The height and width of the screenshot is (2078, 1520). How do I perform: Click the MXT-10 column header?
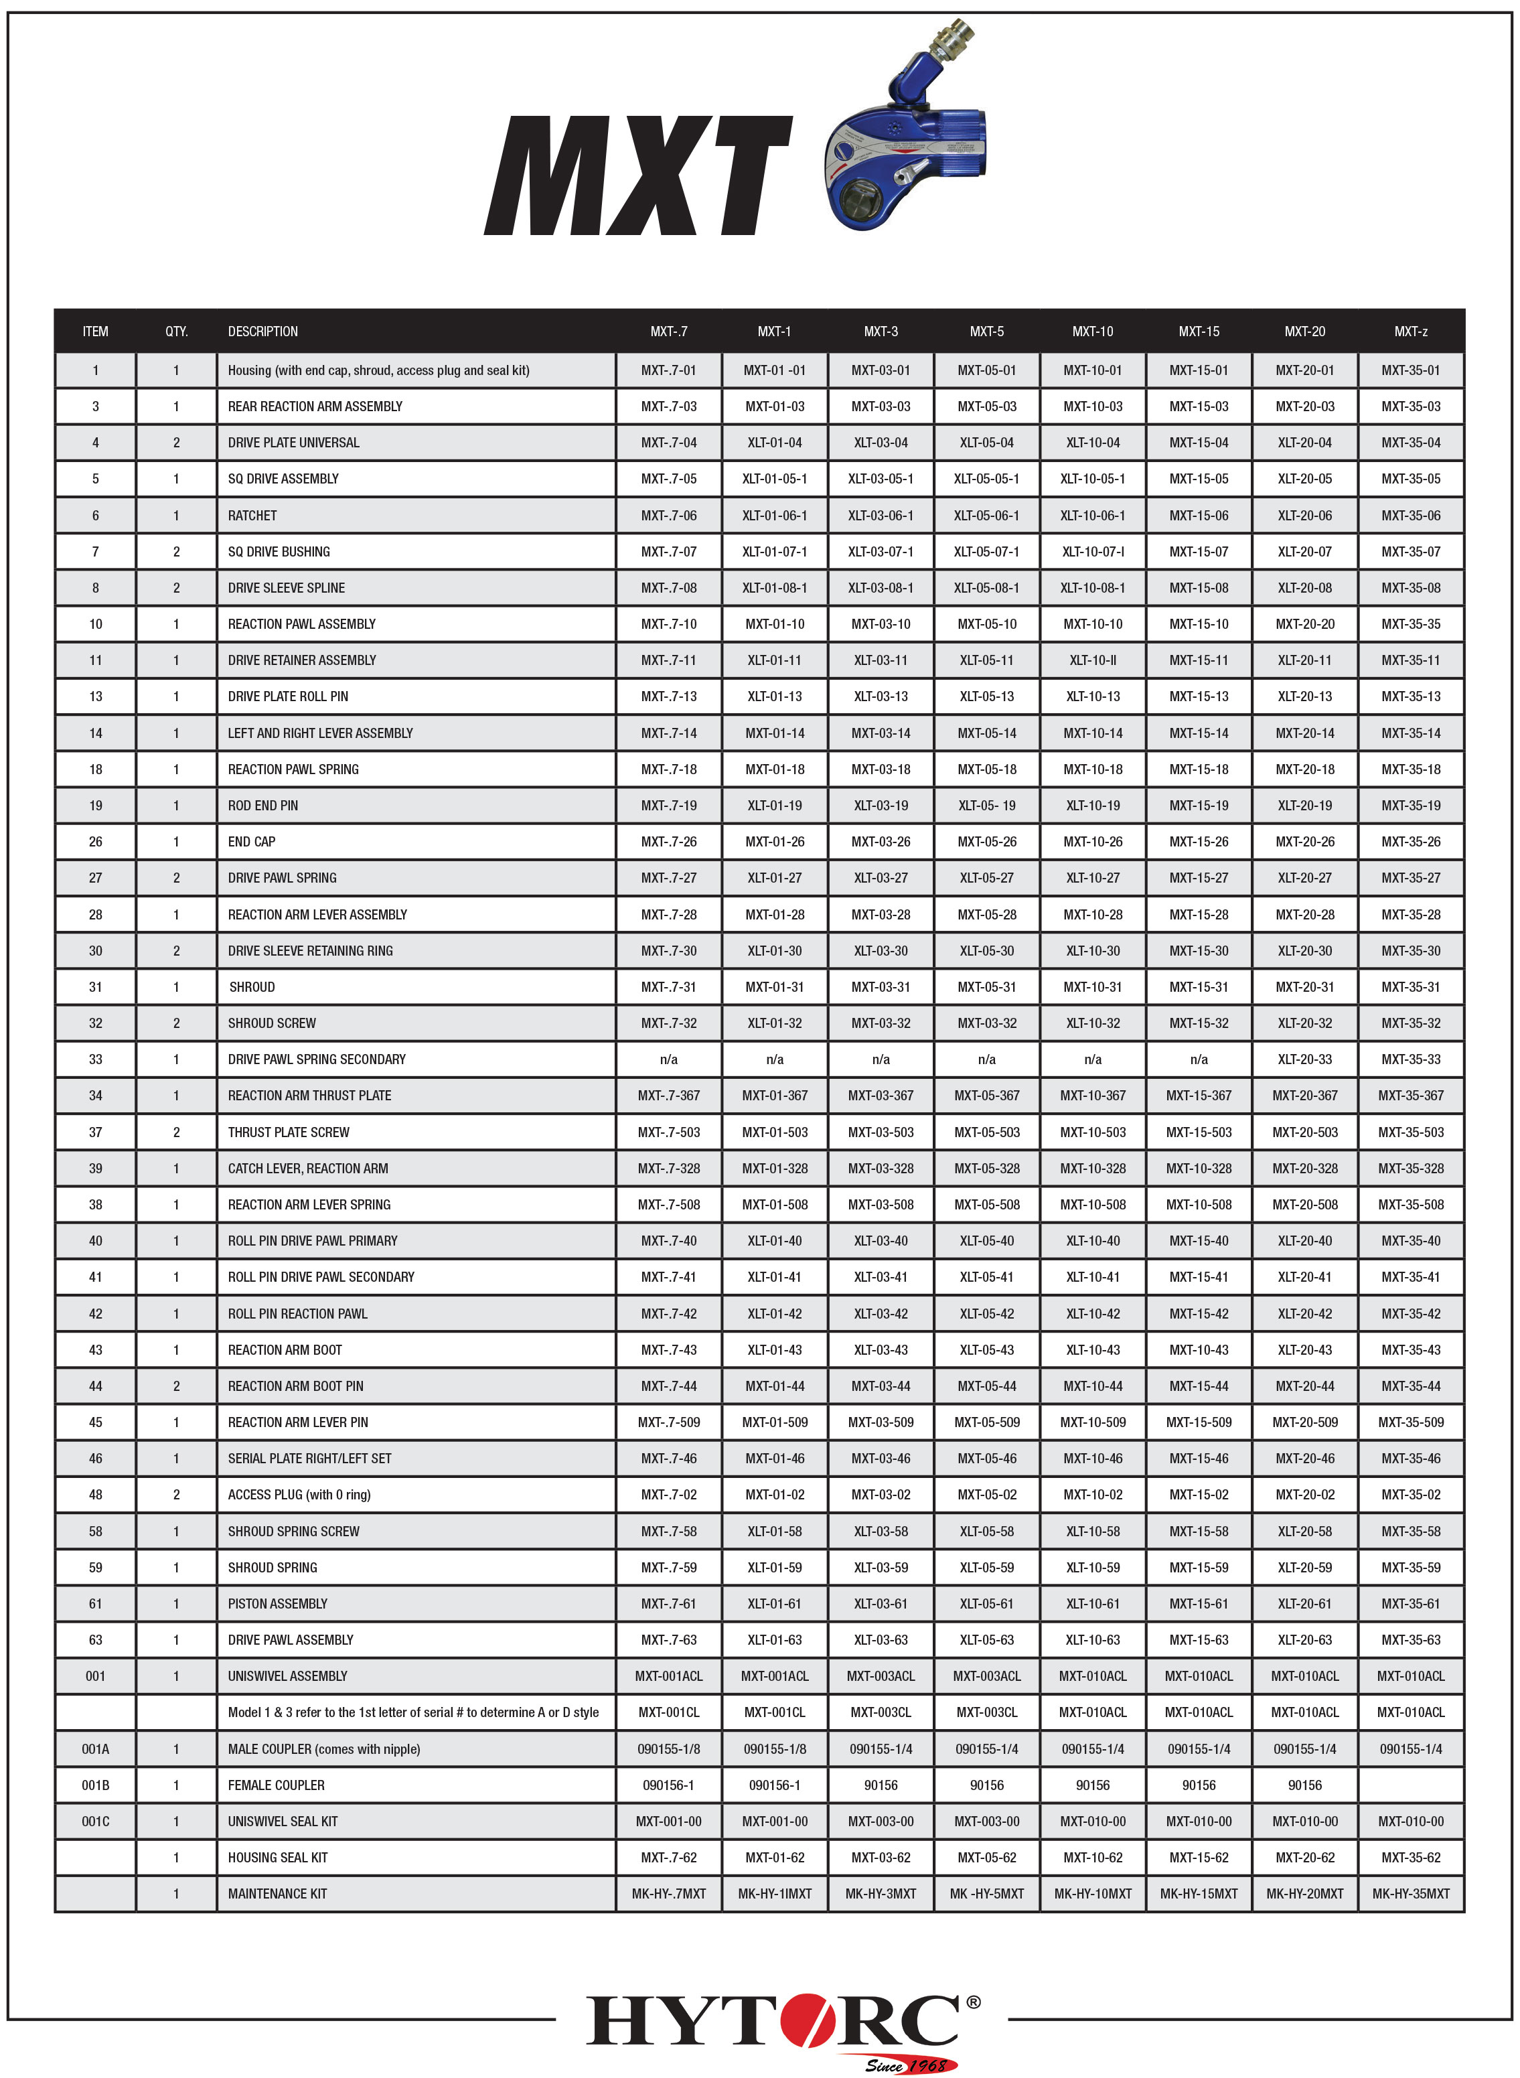[1092, 331]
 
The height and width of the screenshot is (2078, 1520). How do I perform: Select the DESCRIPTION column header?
[263, 331]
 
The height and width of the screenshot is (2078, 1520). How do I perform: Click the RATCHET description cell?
[252, 516]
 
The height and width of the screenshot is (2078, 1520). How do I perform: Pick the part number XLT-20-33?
[1304, 1059]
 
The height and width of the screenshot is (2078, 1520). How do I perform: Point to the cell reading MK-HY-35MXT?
[1410, 1893]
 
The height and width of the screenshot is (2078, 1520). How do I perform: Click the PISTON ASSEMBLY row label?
[278, 1603]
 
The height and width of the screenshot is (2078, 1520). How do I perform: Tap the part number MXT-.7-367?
[669, 1095]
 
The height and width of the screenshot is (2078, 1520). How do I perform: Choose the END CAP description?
[252, 841]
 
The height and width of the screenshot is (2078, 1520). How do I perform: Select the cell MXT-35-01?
[1410, 370]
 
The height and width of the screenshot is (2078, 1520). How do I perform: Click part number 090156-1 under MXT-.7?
[669, 1785]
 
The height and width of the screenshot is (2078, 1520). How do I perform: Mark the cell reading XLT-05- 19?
[986, 805]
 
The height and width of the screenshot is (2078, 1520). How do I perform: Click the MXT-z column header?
[1410, 331]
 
